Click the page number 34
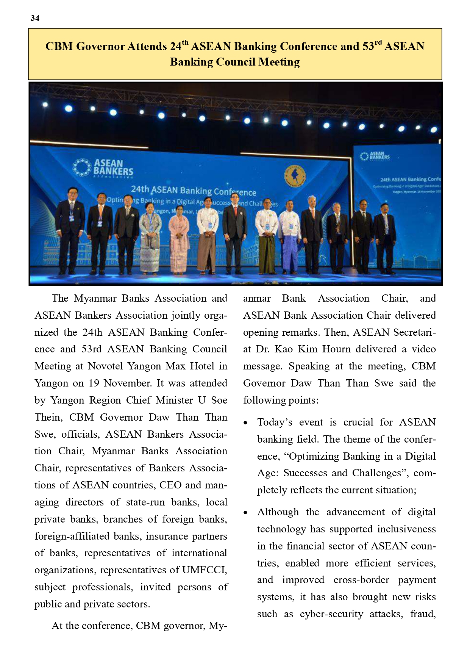click(x=35, y=18)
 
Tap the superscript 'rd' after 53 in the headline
click(x=378, y=42)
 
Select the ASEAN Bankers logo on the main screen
click(x=103, y=168)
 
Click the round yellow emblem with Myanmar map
click(x=295, y=177)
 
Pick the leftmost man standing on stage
click(x=70, y=229)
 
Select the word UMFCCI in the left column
click(x=205, y=570)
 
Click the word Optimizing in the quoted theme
click(x=314, y=456)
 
